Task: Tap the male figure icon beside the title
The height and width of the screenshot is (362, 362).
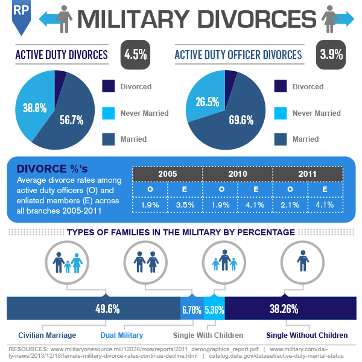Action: [62, 19]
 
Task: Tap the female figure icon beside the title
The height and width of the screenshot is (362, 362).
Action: [331, 19]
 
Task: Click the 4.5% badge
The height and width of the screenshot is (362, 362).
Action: [135, 54]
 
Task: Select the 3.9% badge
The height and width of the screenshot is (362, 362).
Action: [331, 54]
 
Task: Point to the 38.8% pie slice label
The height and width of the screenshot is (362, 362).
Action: [35, 109]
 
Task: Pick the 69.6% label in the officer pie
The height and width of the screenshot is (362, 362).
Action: [241, 120]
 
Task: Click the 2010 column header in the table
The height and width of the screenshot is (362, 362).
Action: [238, 174]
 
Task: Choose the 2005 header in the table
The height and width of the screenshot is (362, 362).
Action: [167, 174]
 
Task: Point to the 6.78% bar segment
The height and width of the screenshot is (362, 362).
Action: [192, 310]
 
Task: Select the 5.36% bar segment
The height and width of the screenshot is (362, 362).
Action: [214, 310]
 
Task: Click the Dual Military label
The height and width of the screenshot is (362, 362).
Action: [121, 335]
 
